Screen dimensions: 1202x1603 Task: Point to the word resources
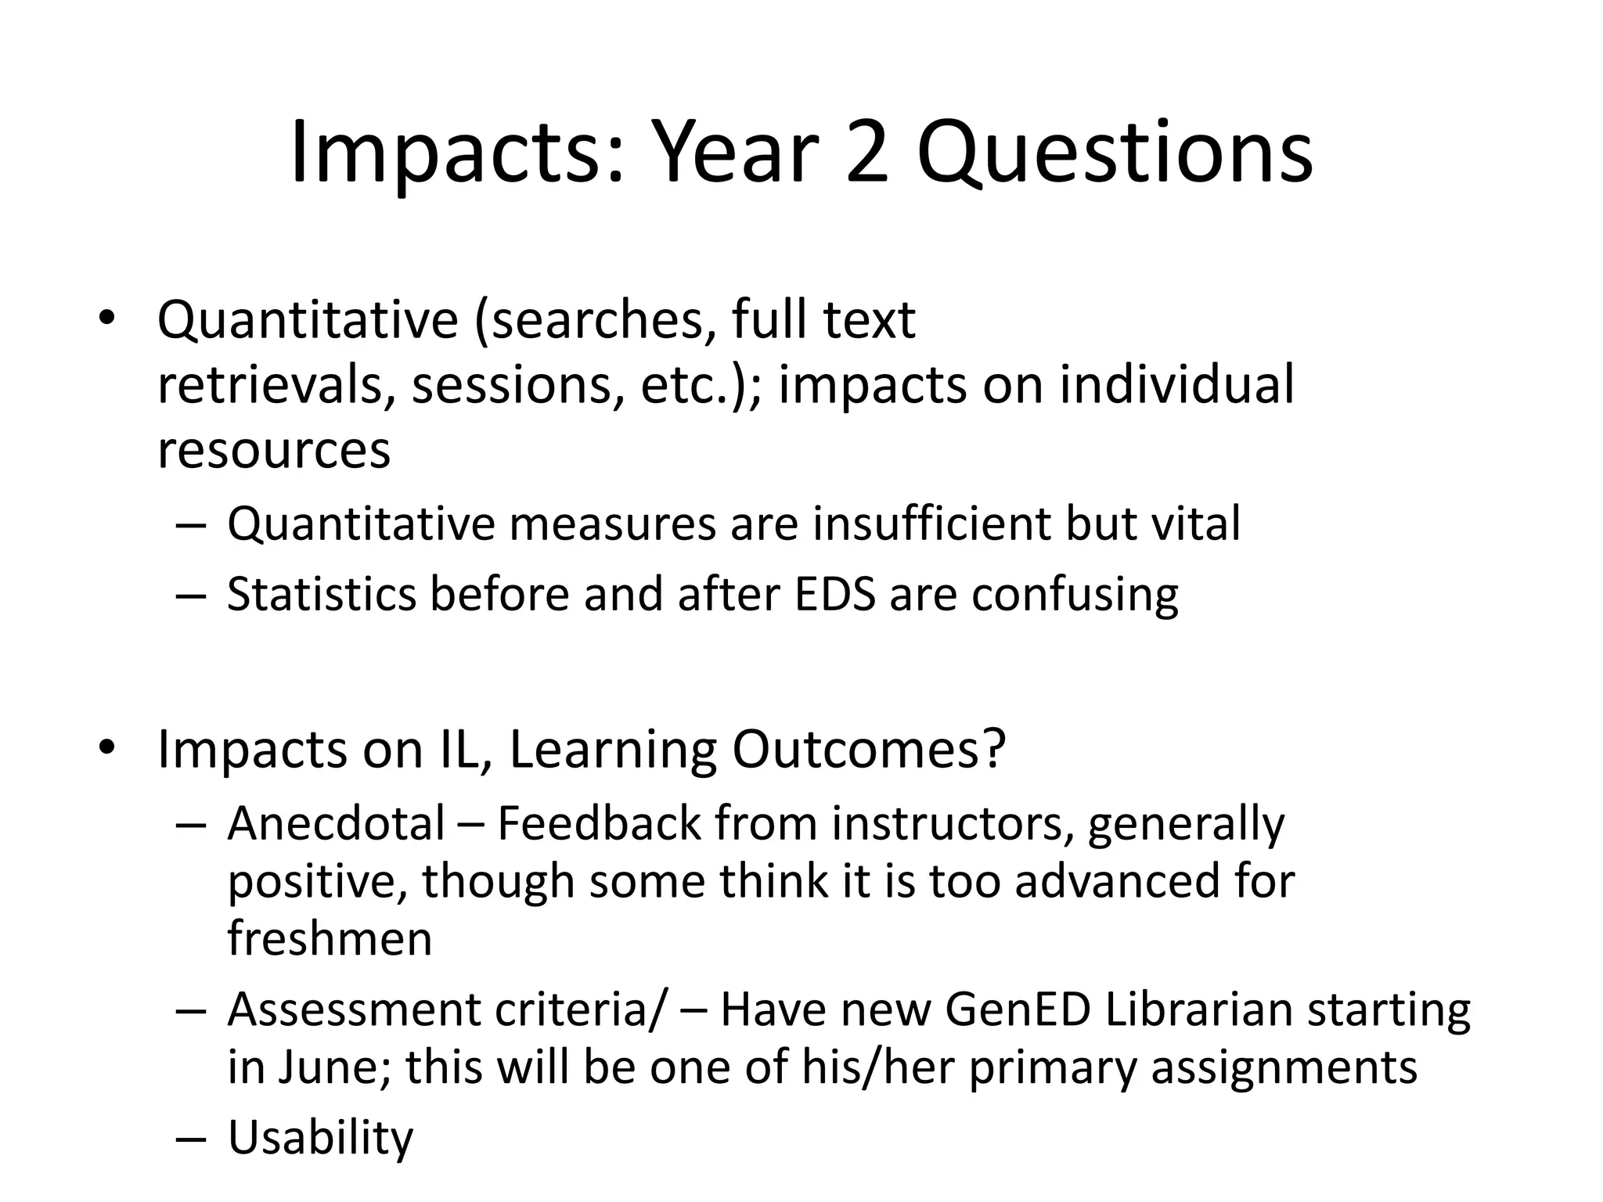click(x=273, y=451)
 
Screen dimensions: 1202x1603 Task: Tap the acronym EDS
click(x=834, y=594)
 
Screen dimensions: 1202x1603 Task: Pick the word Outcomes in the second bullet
click(x=868, y=750)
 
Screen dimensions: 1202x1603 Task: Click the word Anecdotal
click(x=337, y=823)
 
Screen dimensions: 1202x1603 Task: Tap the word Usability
click(x=320, y=1138)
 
